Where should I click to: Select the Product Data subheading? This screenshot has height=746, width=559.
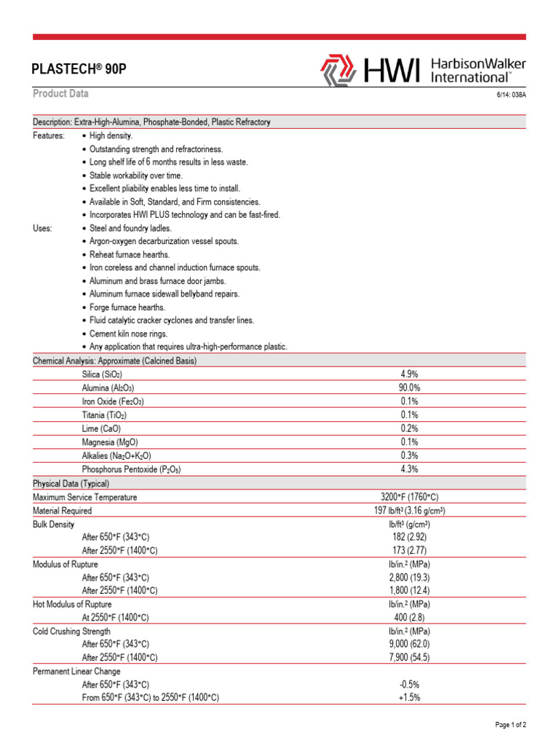(x=61, y=94)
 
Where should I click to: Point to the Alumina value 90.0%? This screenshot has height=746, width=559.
(x=409, y=388)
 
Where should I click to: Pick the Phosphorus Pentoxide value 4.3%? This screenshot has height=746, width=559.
(x=409, y=469)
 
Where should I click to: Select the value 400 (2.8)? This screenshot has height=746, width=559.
(x=409, y=618)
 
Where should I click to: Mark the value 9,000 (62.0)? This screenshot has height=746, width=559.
(x=409, y=644)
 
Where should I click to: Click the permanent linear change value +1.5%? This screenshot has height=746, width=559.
(x=409, y=697)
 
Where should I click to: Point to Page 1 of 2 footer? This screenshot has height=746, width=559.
(x=510, y=725)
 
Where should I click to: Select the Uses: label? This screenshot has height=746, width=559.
(x=43, y=228)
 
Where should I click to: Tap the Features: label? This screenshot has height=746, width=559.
(x=49, y=136)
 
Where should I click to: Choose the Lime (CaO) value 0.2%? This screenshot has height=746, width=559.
(x=409, y=428)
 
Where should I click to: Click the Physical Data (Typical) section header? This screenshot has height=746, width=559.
(x=71, y=484)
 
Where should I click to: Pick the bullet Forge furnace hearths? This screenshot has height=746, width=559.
(x=127, y=307)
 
